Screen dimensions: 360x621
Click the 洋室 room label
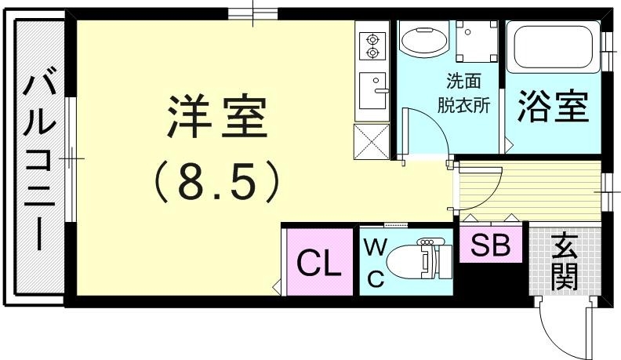(217, 119)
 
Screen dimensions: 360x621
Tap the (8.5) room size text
(217, 182)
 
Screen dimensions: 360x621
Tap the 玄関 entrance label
(564, 262)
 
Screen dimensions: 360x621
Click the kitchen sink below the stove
(372, 92)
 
